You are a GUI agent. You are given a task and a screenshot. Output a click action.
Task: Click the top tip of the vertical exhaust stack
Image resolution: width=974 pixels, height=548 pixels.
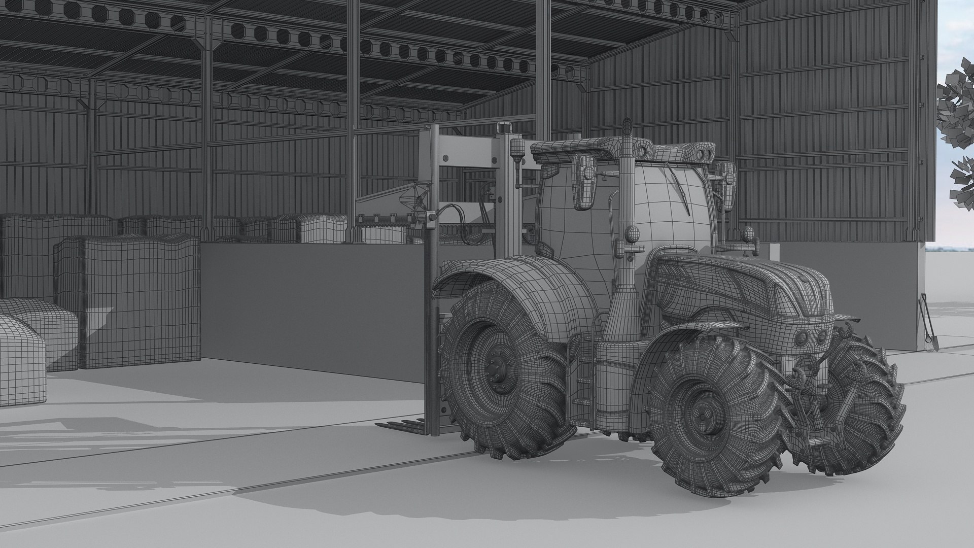tap(626, 124)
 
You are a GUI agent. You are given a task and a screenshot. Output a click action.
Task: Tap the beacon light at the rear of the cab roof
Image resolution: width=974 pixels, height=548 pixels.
tap(517, 149)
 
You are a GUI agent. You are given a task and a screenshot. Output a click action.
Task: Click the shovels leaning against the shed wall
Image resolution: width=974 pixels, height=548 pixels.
tap(927, 325)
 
